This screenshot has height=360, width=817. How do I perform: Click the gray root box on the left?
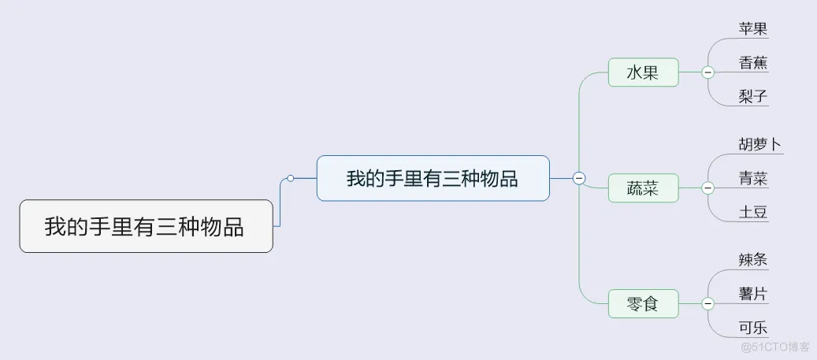click(x=146, y=226)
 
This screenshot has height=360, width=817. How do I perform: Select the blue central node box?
click(x=433, y=178)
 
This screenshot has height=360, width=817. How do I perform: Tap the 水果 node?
click(x=642, y=72)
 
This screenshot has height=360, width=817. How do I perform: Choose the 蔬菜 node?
click(x=642, y=188)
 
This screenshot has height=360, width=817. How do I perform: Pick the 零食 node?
click(x=642, y=303)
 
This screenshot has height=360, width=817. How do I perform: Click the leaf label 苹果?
click(x=753, y=29)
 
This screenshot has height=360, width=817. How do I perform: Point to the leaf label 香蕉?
click(x=753, y=63)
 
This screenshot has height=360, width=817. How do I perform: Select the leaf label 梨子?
click(x=753, y=97)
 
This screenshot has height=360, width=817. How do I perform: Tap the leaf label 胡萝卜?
click(x=760, y=144)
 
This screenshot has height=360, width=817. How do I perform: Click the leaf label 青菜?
click(x=753, y=178)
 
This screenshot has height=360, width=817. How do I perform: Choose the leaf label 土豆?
click(x=753, y=212)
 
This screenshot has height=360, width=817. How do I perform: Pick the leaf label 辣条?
click(x=753, y=260)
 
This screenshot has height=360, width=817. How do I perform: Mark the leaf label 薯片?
click(x=753, y=294)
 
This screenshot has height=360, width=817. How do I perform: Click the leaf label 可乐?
click(x=753, y=328)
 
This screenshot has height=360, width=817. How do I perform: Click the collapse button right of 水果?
click(x=707, y=72)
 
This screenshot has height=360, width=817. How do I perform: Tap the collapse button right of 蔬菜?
click(x=707, y=188)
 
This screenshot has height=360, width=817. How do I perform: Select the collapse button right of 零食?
click(x=707, y=303)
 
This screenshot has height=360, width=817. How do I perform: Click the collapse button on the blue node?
click(x=579, y=178)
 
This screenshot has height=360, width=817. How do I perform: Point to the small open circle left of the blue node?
click(x=291, y=178)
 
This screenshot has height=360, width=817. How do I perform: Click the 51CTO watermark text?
click(x=775, y=346)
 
